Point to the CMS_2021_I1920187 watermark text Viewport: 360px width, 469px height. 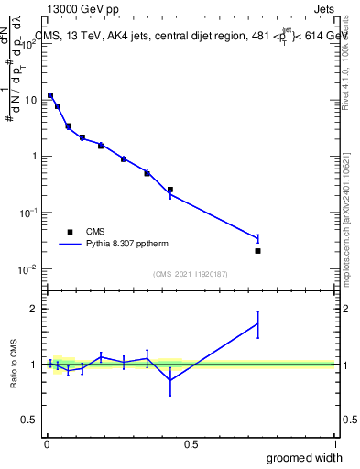190,274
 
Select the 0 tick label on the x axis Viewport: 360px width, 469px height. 46,444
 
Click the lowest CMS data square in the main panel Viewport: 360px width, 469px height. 257,251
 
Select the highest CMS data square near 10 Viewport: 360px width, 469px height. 50,95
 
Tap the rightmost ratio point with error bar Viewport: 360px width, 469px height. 257,323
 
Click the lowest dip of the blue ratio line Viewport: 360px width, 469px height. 170,380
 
